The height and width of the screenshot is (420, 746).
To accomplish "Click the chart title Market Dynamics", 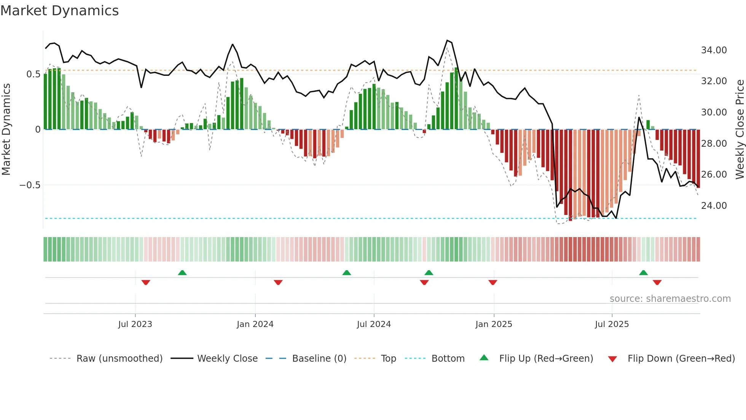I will pyautogui.click(x=59, y=11).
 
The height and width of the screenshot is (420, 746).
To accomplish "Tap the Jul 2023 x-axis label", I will pyautogui.click(x=135, y=324).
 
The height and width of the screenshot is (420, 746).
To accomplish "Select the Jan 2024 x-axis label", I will pyautogui.click(x=255, y=324).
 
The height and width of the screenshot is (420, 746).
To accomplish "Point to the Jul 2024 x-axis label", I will pyautogui.click(x=373, y=324).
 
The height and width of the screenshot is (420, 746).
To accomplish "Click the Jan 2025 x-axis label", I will pyautogui.click(x=493, y=324).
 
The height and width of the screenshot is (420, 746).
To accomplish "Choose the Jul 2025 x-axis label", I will pyautogui.click(x=612, y=324).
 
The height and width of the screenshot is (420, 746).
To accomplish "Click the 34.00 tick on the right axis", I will pyautogui.click(x=714, y=50).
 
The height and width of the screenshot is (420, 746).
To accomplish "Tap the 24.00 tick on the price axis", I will pyautogui.click(x=714, y=206).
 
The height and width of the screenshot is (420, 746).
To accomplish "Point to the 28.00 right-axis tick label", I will pyautogui.click(x=714, y=144).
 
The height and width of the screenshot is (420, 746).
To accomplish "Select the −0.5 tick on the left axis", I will pyautogui.click(x=30, y=185).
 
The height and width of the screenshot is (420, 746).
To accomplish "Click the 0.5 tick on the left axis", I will pyautogui.click(x=33, y=74).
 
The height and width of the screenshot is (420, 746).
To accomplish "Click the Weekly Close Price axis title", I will pyautogui.click(x=740, y=129).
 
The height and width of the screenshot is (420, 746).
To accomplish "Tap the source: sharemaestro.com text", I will pyautogui.click(x=670, y=299).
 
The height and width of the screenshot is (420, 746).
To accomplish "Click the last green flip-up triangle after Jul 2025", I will pyautogui.click(x=643, y=273).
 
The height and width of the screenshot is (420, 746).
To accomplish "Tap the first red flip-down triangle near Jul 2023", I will pyautogui.click(x=146, y=282).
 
